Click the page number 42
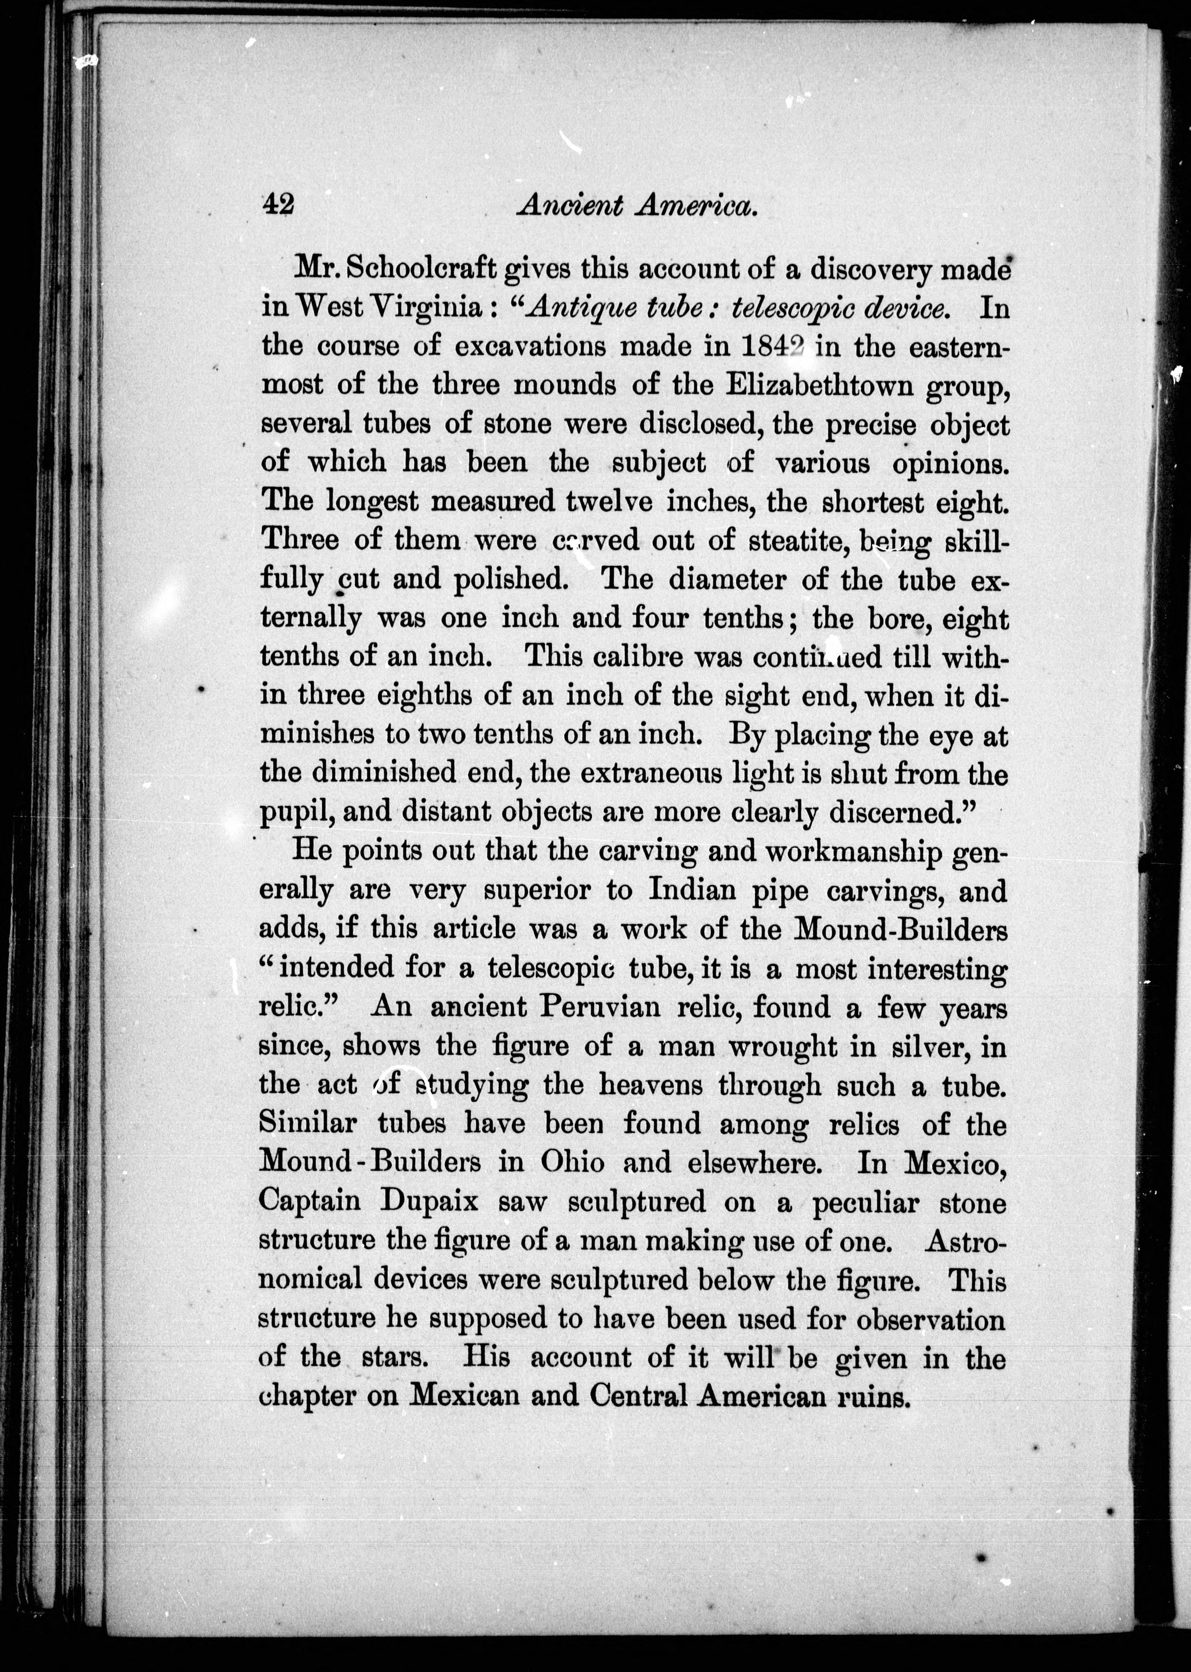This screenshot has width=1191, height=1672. (x=278, y=205)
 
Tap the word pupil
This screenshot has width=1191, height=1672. (x=293, y=813)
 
